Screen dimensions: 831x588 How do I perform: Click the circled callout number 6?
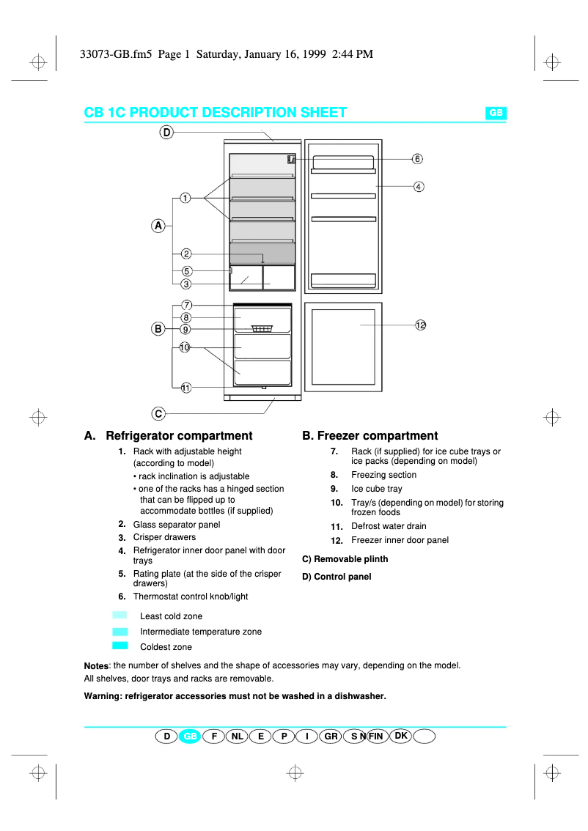tap(416, 159)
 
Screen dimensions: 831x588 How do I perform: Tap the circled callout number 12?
tap(420, 325)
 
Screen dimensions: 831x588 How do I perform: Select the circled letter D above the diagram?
tap(166, 133)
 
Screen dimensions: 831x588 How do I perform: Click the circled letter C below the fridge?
tap(158, 413)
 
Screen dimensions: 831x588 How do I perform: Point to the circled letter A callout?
tap(158, 226)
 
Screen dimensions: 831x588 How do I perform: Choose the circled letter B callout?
tap(158, 329)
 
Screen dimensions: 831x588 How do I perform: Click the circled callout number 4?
tap(418, 187)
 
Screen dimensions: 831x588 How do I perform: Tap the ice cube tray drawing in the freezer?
tap(262, 328)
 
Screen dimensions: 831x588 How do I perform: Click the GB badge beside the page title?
tap(496, 113)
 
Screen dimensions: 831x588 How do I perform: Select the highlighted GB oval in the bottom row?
tap(190, 736)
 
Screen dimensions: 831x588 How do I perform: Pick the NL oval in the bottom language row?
tap(237, 736)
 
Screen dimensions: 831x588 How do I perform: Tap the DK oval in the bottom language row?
tap(401, 735)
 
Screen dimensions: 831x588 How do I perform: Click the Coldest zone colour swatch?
tap(120, 646)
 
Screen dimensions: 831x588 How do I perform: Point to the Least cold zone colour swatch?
tap(120, 616)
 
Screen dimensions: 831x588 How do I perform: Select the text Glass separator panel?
tap(176, 525)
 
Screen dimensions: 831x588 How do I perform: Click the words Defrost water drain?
tap(389, 526)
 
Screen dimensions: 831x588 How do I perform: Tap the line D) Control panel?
tap(337, 577)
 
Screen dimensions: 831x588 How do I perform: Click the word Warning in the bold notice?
tap(103, 696)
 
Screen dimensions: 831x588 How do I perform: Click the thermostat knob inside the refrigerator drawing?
tap(292, 159)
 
